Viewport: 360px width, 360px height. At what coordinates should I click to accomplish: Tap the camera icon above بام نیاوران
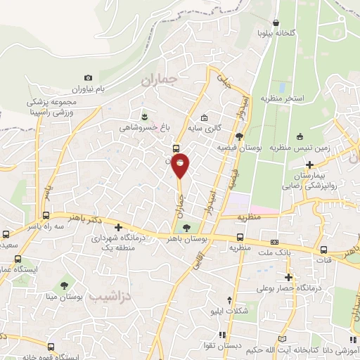pos(88,78)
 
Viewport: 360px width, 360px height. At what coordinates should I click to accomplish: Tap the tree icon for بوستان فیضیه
pos(240,136)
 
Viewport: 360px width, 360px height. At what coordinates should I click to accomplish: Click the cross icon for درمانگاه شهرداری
pos(119,228)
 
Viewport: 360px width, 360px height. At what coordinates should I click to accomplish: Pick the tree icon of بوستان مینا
pos(64,285)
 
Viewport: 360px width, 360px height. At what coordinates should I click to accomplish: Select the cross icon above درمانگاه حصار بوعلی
pos(287,277)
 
